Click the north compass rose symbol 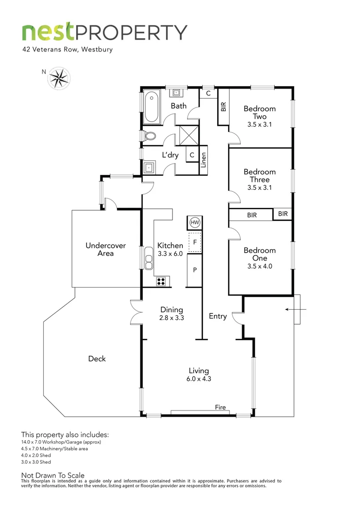[59, 78]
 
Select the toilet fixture [151, 136]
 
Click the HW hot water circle [194, 222]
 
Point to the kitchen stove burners [161, 281]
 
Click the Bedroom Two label [260, 113]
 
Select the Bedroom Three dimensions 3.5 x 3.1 [260, 188]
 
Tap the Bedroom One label [260, 254]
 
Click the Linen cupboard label [203, 160]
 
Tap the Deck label [97, 359]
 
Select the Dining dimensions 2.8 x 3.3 [172, 318]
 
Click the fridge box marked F [195, 242]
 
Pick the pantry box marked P [195, 270]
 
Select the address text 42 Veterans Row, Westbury [67, 49]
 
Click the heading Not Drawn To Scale [53, 476]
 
